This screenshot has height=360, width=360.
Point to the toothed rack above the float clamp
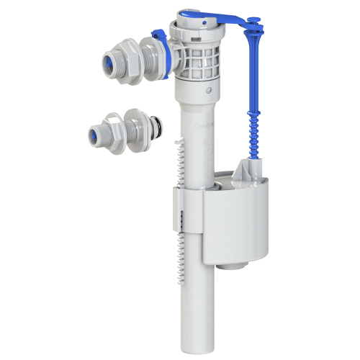tap(178, 162)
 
